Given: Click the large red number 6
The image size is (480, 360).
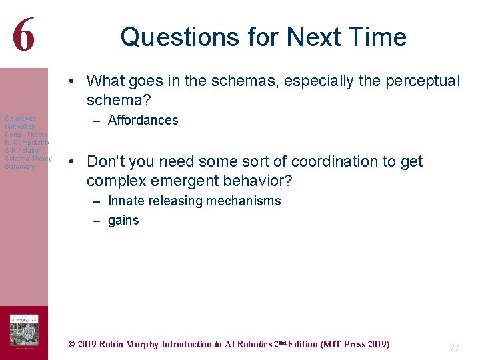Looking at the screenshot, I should click(x=23, y=34).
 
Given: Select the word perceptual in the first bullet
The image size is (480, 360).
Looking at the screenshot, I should click(x=420, y=81).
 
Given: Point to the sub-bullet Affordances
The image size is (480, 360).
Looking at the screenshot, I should click(x=143, y=121).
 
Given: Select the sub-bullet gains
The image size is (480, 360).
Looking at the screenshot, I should click(x=123, y=221).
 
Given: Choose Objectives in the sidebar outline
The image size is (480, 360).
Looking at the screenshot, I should click(x=20, y=119).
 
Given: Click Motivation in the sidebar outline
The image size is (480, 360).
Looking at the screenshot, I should click(x=20, y=127).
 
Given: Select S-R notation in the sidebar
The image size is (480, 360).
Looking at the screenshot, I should click(x=23, y=151).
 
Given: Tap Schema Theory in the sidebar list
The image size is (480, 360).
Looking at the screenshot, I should click(x=28, y=159).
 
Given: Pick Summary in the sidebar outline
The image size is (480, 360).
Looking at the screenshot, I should click(x=19, y=167).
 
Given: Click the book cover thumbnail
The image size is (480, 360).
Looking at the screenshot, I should click(x=23, y=331).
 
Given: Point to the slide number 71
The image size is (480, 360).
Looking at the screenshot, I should click(x=455, y=348).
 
